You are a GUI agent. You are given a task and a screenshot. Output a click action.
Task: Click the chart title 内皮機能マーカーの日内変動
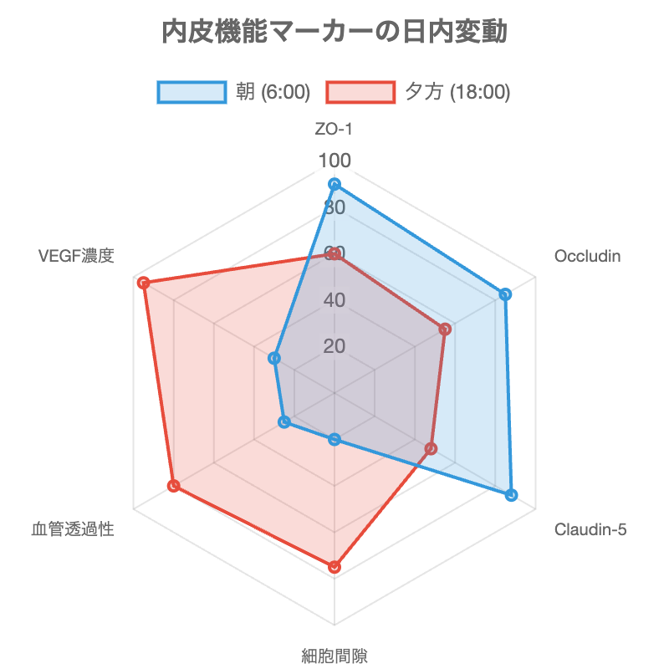click(334, 33)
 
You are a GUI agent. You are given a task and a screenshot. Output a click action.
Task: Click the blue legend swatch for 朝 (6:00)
click(192, 92)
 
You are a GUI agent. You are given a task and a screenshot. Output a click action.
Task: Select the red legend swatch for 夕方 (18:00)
click(360, 92)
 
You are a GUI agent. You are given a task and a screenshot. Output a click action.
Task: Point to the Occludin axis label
click(587, 256)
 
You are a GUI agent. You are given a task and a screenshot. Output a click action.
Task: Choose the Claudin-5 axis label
click(590, 529)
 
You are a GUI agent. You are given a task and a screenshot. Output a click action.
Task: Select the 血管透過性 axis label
click(73, 529)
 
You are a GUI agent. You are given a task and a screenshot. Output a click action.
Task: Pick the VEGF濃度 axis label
click(76, 256)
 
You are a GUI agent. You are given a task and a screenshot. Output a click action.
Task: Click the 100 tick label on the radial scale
click(334, 161)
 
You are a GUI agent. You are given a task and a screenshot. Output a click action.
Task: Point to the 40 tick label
click(334, 299)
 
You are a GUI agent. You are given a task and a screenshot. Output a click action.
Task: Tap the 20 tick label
click(334, 346)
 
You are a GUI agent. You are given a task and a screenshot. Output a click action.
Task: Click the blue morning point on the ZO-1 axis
click(334, 184)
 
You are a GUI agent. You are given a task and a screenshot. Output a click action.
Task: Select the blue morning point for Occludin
click(505, 294)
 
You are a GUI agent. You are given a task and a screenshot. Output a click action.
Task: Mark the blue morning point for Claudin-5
click(512, 496)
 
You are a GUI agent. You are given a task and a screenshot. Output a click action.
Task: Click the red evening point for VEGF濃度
click(143, 283)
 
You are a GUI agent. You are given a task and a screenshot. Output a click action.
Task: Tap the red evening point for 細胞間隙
click(334, 568)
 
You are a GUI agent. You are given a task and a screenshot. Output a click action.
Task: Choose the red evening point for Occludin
click(446, 331)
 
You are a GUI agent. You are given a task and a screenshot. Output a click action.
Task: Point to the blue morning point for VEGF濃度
click(273, 359)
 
